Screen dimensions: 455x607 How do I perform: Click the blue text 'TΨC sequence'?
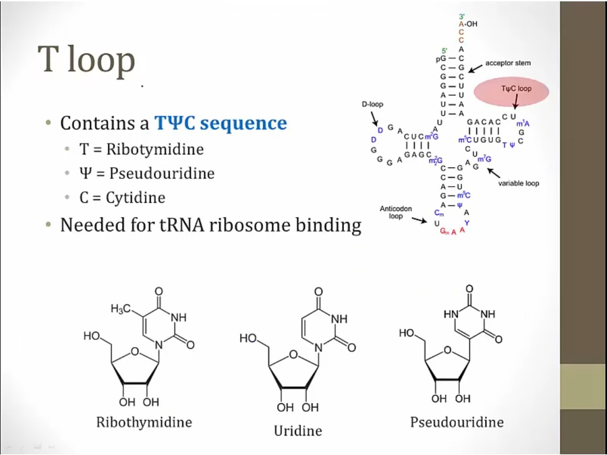click(221, 123)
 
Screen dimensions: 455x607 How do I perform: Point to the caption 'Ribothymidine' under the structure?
click(144, 423)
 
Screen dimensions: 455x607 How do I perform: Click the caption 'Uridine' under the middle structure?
click(297, 430)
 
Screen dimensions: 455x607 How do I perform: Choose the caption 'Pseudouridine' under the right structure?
click(457, 423)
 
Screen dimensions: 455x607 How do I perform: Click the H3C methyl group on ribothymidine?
click(121, 309)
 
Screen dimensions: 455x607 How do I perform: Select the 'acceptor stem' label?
click(508, 63)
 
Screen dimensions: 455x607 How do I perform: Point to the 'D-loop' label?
click(372, 104)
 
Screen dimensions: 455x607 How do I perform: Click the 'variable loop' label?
click(519, 183)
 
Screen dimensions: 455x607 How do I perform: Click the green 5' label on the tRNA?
click(444, 51)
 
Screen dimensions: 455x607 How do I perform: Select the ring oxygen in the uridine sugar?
click(292, 353)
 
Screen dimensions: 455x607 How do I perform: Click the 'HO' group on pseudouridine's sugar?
click(407, 333)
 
